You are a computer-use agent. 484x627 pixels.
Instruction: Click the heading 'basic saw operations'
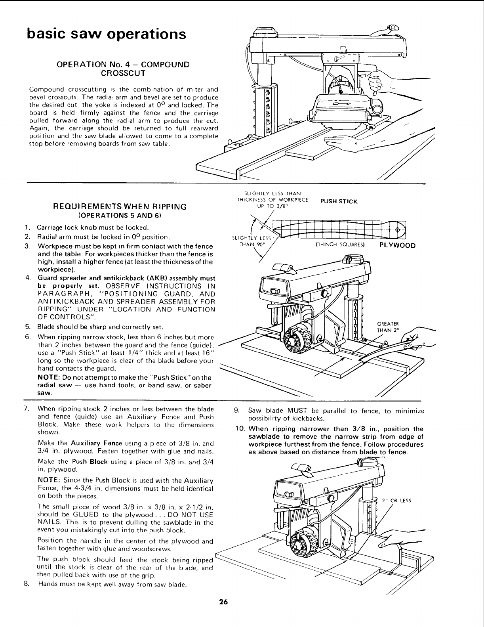(106, 34)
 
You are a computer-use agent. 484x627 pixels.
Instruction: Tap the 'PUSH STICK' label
(339, 201)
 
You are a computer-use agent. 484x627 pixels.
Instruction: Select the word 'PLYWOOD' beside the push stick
(397, 245)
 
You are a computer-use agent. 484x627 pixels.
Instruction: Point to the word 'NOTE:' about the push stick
(46, 378)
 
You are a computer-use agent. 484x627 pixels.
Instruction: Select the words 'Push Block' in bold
(85, 462)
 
